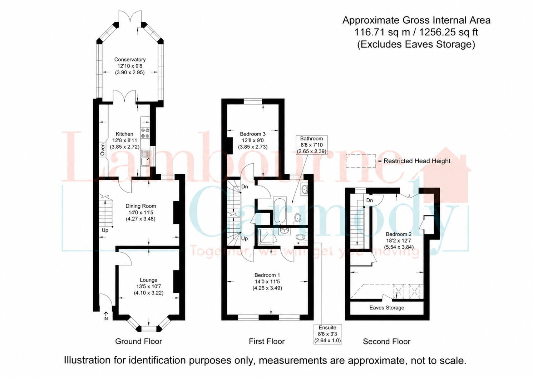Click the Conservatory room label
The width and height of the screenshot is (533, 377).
tap(130, 59)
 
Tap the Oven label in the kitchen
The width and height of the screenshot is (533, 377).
tap(103, 149)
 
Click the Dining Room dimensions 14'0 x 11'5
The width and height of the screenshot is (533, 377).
tap(140, 212)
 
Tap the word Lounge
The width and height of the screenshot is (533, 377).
tap(148, 280)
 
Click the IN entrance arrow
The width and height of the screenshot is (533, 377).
tap(106, 316)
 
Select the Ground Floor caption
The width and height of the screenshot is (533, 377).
tap(138, 341)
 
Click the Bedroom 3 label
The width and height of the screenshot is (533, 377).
tap(253, 134)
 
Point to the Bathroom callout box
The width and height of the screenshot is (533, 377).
tap(311, 145)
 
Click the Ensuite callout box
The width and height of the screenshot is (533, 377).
tap(328, 334)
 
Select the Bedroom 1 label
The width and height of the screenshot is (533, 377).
tap(267, 275)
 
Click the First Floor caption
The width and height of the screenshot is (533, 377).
tap(267, 341)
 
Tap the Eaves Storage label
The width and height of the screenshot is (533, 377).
tap(387, 308)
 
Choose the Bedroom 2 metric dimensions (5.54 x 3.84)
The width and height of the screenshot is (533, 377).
tap(399, 247)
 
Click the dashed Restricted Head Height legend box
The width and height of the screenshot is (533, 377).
tap(361, 161)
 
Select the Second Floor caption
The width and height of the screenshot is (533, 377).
tap(387, 342)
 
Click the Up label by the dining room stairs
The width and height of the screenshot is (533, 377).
tap(105, 230)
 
